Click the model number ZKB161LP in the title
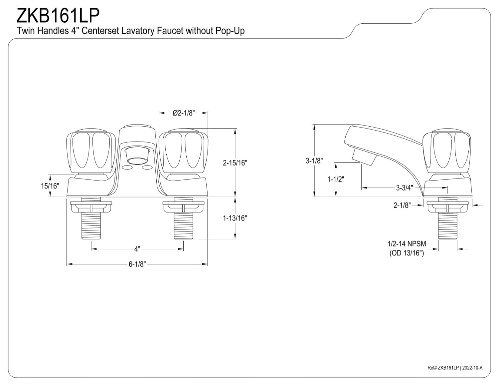(58, 16)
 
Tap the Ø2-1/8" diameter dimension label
(184, 113)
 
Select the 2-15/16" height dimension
(235, 163)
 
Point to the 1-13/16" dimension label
(235, 218)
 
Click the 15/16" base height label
(50, 186)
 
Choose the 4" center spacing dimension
(137, 249)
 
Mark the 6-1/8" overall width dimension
(137, 264)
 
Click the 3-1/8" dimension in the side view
(314, 161)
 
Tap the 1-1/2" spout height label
(336, 179)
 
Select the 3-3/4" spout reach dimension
(405, 188)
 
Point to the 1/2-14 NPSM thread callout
(407, 244)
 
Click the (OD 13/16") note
(407, 253)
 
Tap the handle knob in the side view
(447, 153)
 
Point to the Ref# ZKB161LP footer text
(443, 374)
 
